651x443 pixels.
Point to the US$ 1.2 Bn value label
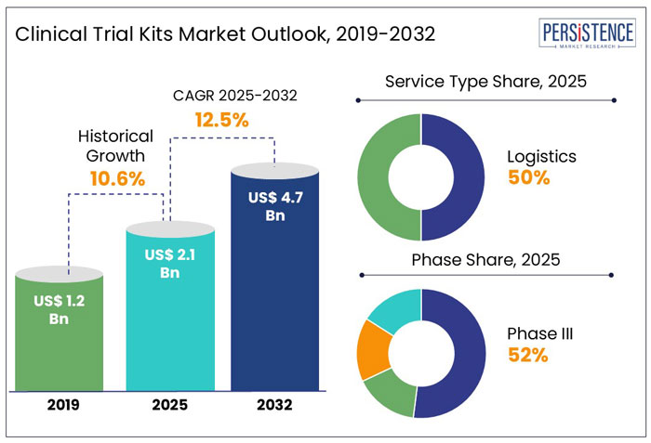[60, 309]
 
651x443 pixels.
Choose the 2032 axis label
[273, 406]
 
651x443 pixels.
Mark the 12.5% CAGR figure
[221, 120]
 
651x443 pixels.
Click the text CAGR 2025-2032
[223, 95]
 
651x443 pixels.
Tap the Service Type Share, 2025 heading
[485, 81]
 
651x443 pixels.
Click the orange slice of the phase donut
[374, 348]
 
